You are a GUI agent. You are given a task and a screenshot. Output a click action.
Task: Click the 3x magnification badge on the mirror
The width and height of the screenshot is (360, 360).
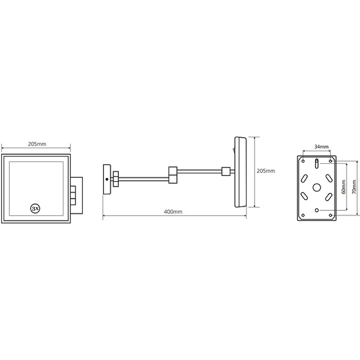click(35, 209)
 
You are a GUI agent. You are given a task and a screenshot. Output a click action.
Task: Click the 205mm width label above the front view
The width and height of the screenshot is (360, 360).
click(37, 144)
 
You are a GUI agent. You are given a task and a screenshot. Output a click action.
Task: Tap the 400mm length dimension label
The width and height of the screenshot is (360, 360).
click(173, 211)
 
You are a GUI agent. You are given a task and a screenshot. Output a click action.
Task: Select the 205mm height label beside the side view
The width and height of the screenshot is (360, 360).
click(265, 171)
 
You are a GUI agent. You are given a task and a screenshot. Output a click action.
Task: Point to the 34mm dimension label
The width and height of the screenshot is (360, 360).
click(321, 147)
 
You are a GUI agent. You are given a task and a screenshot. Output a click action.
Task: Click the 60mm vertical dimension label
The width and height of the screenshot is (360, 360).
click(343, 187)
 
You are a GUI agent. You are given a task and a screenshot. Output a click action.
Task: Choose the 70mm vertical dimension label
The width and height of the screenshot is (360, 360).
click(354, 187)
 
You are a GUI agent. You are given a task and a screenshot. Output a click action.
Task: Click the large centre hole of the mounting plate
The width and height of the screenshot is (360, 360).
click(317, 188)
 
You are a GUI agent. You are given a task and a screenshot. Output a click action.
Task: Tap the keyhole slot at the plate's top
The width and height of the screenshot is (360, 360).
click(317, 163)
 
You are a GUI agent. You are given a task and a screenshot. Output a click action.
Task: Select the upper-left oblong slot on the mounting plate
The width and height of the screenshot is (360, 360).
click(305, 178)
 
